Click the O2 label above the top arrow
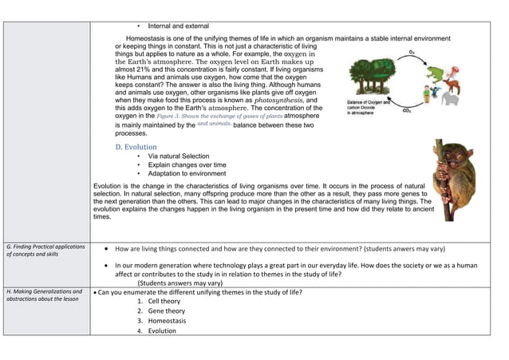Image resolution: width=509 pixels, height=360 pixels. point(411,52)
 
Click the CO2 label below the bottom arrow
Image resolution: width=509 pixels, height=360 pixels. point(408,111)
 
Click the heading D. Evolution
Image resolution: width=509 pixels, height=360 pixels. point(136,147)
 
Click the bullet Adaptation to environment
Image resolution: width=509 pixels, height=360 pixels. point(187,173)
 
